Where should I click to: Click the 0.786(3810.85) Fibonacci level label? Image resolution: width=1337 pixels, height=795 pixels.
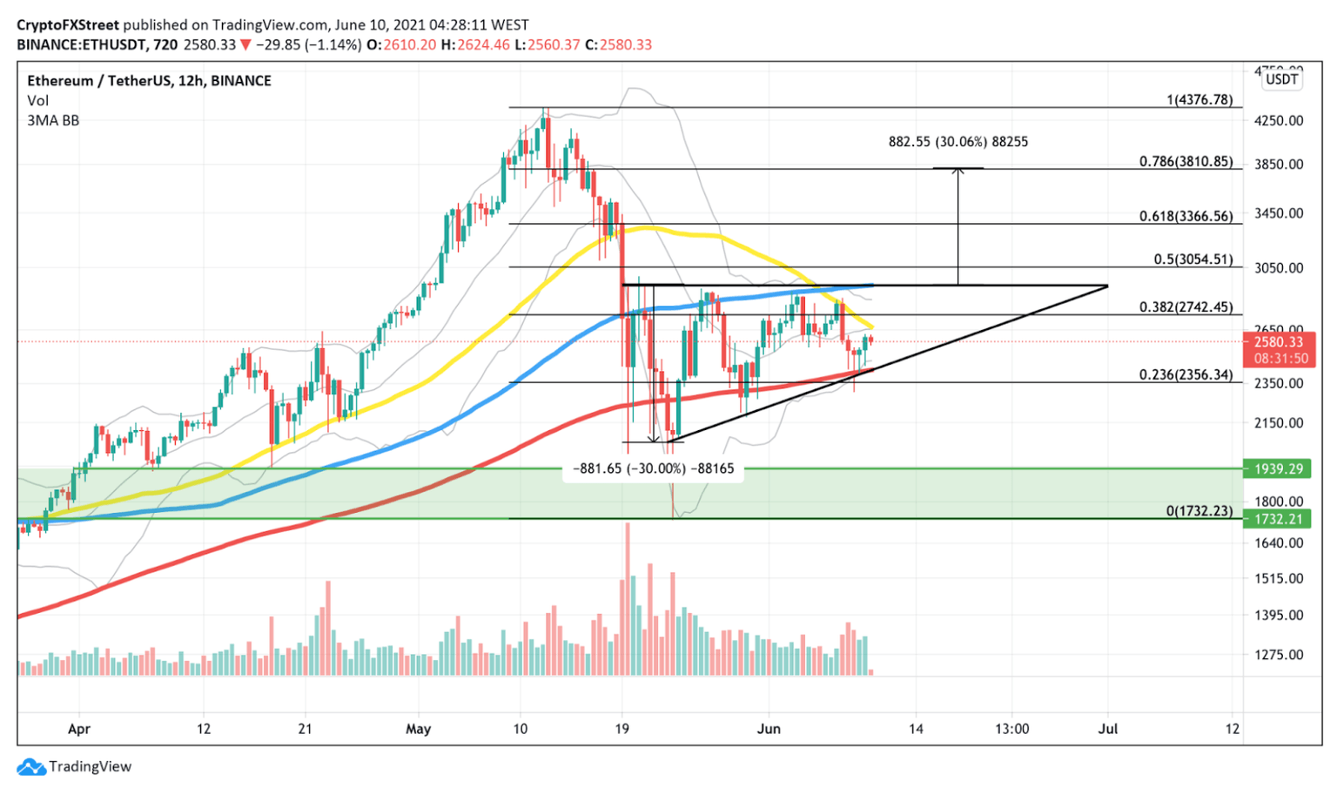(x=1186, y=162)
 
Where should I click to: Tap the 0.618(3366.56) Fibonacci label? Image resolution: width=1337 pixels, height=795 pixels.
(x=1186, y=216)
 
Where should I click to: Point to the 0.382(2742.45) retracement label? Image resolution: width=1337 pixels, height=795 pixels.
(x=1186, y=307)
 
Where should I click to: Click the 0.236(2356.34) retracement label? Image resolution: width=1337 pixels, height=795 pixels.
(x=1186, y=375)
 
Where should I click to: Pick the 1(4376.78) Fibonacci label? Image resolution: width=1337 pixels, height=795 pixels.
(x=1199, y=100)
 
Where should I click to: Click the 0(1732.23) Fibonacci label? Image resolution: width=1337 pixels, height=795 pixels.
(x=1199, y=511)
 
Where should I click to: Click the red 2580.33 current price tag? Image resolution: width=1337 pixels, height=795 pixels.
(x=1278, y=342)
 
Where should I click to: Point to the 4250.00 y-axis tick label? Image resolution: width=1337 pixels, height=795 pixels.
(x=1279, y=120)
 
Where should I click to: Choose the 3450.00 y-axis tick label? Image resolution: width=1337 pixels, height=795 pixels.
(x=1279, y=212)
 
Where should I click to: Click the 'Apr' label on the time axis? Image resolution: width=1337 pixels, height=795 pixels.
(x=79, y=729)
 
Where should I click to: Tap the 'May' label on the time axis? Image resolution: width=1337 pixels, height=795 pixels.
(x=418, y=729)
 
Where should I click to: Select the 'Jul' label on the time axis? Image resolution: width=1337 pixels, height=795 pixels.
(x=1107, y=729)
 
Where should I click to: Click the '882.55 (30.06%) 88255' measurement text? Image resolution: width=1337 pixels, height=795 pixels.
(x=957, y=141)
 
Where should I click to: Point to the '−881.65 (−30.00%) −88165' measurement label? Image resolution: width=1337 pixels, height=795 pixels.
(x=653, y=468)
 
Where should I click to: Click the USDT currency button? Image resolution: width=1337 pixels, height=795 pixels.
(x=1281, y=79)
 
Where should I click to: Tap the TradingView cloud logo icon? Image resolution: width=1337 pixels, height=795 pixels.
(x=31, y=767)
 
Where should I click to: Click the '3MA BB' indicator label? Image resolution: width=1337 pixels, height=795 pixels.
(x=53, y=120)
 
